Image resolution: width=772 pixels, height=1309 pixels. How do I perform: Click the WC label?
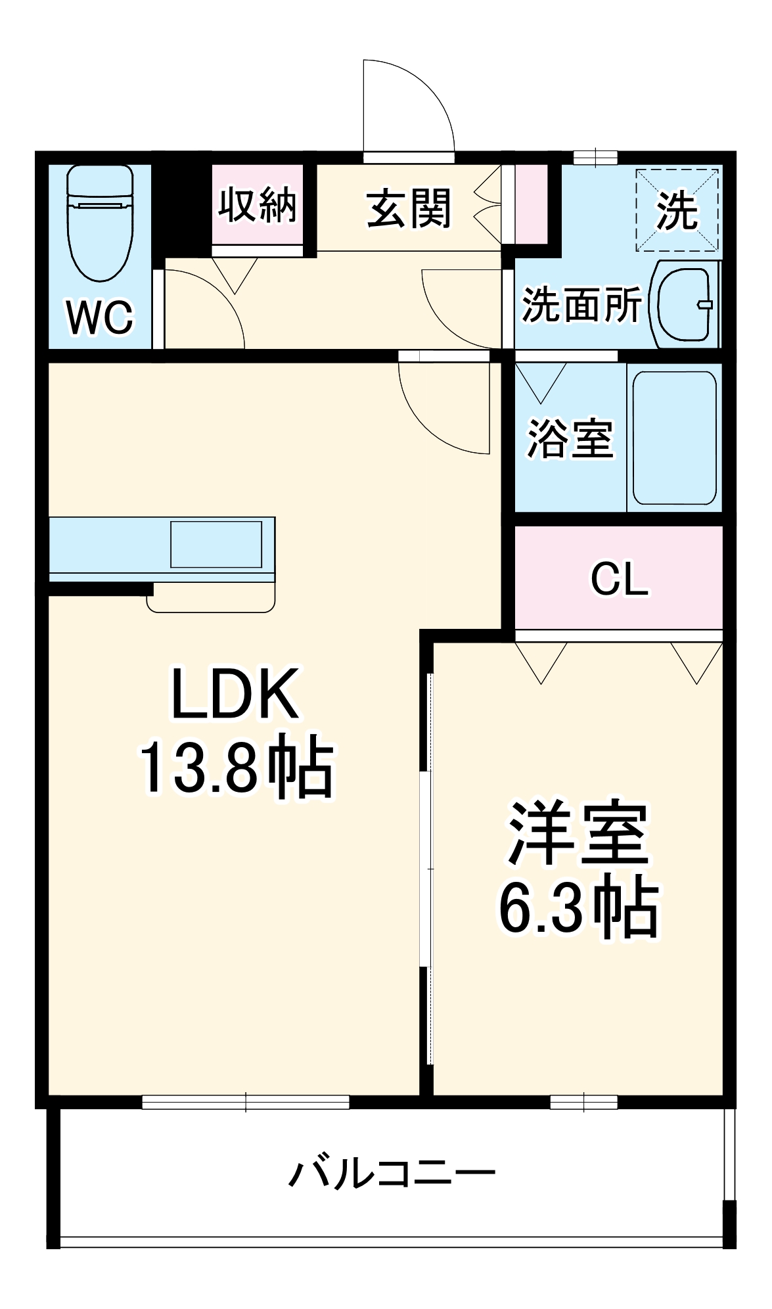100,317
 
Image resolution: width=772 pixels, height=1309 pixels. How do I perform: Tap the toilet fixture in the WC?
101,223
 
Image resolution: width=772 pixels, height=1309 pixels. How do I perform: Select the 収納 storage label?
258,205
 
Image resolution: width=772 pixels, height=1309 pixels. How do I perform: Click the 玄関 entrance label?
409,208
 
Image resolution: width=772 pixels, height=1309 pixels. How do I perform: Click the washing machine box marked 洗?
677,210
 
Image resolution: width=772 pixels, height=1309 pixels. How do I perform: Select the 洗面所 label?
581,305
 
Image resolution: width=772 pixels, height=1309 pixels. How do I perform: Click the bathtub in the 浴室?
674,438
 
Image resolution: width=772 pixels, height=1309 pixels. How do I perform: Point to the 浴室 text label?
570,438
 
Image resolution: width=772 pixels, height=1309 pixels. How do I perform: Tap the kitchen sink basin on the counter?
216,544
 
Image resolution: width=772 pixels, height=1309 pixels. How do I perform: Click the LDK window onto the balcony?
246,1102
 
